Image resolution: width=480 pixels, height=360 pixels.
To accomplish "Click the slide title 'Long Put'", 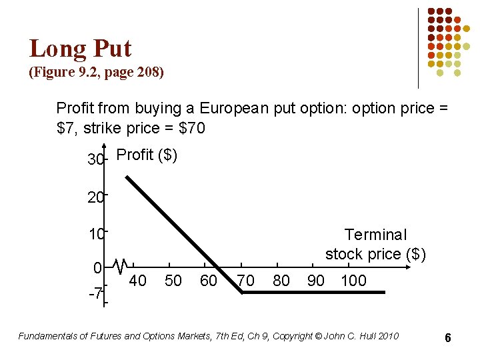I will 80,49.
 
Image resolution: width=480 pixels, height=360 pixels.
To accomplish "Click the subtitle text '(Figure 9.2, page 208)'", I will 96,72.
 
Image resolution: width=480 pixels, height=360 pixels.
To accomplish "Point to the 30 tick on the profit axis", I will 95,161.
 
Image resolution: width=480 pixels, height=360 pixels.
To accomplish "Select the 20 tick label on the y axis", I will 95,197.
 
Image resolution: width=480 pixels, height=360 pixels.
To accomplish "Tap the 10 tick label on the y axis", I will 95,235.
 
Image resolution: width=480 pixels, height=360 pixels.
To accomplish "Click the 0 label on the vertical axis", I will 97,269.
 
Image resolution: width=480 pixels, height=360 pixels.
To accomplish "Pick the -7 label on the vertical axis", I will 95,293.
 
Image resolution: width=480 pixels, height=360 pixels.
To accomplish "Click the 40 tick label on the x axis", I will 137,281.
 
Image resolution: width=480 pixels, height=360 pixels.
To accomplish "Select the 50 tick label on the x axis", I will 173,281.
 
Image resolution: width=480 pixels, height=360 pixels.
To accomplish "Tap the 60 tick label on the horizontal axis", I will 209,281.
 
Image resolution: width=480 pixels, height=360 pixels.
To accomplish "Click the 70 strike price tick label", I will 246,281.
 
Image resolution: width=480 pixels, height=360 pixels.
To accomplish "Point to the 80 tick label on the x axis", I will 281,281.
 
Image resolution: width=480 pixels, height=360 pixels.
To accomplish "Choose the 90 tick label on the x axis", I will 316,281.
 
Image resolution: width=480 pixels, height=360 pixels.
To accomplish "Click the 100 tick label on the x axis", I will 353,281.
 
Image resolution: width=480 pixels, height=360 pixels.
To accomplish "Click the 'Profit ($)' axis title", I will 147,155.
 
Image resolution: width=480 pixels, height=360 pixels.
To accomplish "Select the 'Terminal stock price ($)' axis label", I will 375,244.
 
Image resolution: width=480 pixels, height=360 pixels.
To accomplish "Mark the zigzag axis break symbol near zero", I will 121,267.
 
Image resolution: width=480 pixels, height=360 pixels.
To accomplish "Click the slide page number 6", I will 448,338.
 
